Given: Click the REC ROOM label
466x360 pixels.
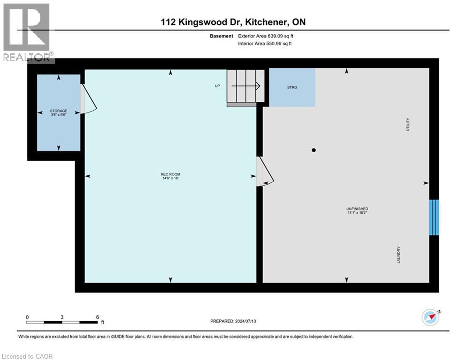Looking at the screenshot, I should [x=170, y=174].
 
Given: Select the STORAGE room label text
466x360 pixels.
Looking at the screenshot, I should [x=59, y=111].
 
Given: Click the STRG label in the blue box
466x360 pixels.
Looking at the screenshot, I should [x=292, y=87].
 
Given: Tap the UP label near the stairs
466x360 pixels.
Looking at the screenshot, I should [x=217, y=86].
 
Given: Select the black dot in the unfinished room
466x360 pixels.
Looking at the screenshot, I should [x=314, y=150].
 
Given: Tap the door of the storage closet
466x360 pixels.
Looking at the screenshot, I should [x=89, y=99].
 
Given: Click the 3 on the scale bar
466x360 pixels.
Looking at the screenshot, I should [x=62, y=317].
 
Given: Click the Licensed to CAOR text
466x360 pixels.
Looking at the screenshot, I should [x=28, y=356].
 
